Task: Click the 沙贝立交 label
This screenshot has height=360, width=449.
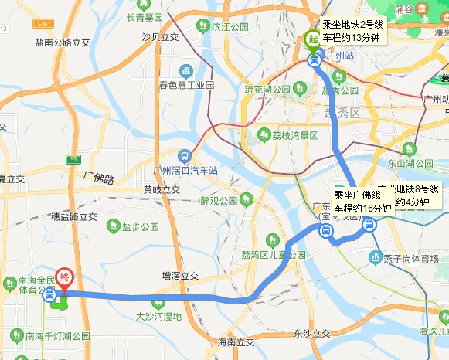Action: click(x=160, y=37)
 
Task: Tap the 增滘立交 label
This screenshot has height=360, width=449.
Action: click(x=181, y=275)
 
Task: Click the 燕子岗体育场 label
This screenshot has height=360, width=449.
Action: click(x=409, y=257)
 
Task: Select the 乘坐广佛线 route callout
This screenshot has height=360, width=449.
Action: click(x=362, y=202)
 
